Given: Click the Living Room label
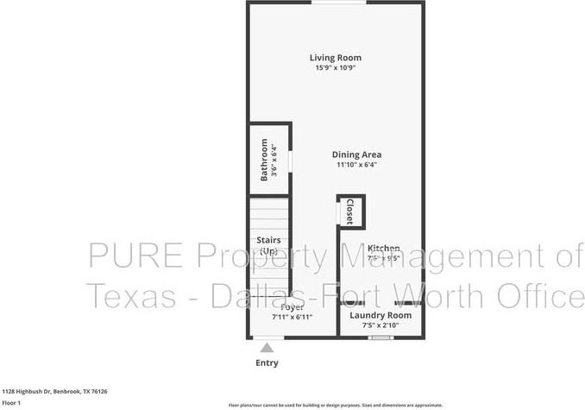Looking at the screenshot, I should pyautogui.click(x=336, y=58).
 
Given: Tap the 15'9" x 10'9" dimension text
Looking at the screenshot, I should pyautogui.click(x=336, y=68).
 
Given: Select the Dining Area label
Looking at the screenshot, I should pyautogui.click(x=357, y=155).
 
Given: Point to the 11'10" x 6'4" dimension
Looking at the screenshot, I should pyautogui.click(x=357, y=165).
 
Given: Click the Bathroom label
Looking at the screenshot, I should pyautogui.click(x=264, y=160).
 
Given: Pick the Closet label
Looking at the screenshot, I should pyautogui.click(x=349, y=211).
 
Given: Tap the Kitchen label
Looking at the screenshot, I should pyautogui.click(x=383, y=248).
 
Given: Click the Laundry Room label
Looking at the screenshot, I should pyautogui.click(x=381, y=315).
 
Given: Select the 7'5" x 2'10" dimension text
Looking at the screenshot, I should pyautogui.click(x=381, y=326).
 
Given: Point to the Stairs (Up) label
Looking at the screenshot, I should pyautogui.click(x=269, y=245).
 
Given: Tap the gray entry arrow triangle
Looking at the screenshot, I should pyautogui.click(x=267, y=347).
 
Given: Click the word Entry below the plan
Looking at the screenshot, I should pyautogui.click(x=267, y=363).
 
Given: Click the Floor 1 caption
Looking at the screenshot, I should pyautogui.click(x=11, y=402).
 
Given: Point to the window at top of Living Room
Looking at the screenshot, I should pyautogui.click(x=337, y=3).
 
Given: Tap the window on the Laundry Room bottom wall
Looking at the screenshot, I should pyautogui.click(x=381, y=337).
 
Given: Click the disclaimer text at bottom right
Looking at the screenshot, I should pyautogui.click(x=336, y=405).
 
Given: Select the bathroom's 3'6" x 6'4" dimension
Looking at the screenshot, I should pyautogui.click(x=274, y=160).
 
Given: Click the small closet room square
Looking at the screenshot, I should pyautogui.click(x=350, y=212).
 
